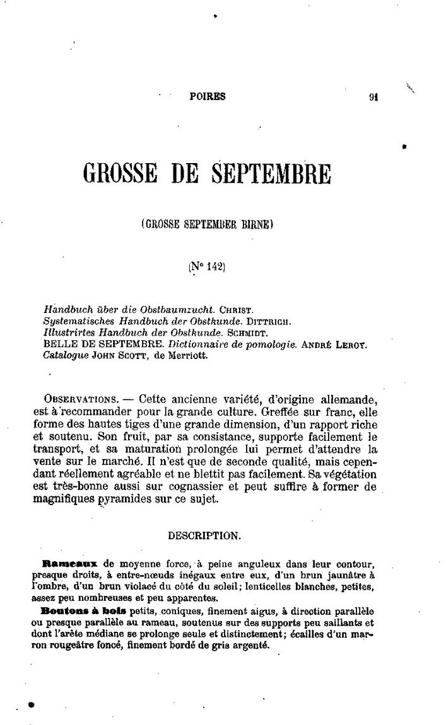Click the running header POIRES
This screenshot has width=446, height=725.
click(207, 97)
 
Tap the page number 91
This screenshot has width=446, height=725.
click(373, 98)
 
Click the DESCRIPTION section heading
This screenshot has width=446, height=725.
click(204, 536)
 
